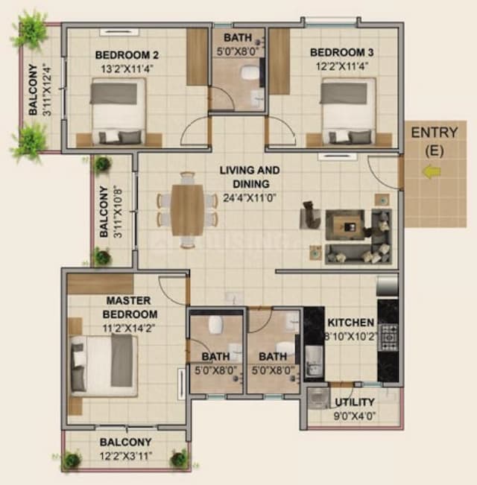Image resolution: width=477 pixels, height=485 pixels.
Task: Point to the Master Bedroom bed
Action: [x=104, y=364]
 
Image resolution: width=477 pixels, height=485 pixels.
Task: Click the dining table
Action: [x=187, y=209]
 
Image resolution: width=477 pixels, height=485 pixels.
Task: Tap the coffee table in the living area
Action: [x=345, y=223]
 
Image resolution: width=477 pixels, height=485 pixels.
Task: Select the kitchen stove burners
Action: [x=389, y=337]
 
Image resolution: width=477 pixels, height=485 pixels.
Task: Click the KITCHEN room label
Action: [x=350, y=323]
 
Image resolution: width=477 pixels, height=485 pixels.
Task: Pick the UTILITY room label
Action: [x=355, y=402]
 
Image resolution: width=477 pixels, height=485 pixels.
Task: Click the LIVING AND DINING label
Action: [x=250, y=177]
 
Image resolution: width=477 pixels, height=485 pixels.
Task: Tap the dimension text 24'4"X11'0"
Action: [x=250, y=199]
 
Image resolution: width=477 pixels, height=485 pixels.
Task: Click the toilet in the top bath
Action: [x=250, y=74]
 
